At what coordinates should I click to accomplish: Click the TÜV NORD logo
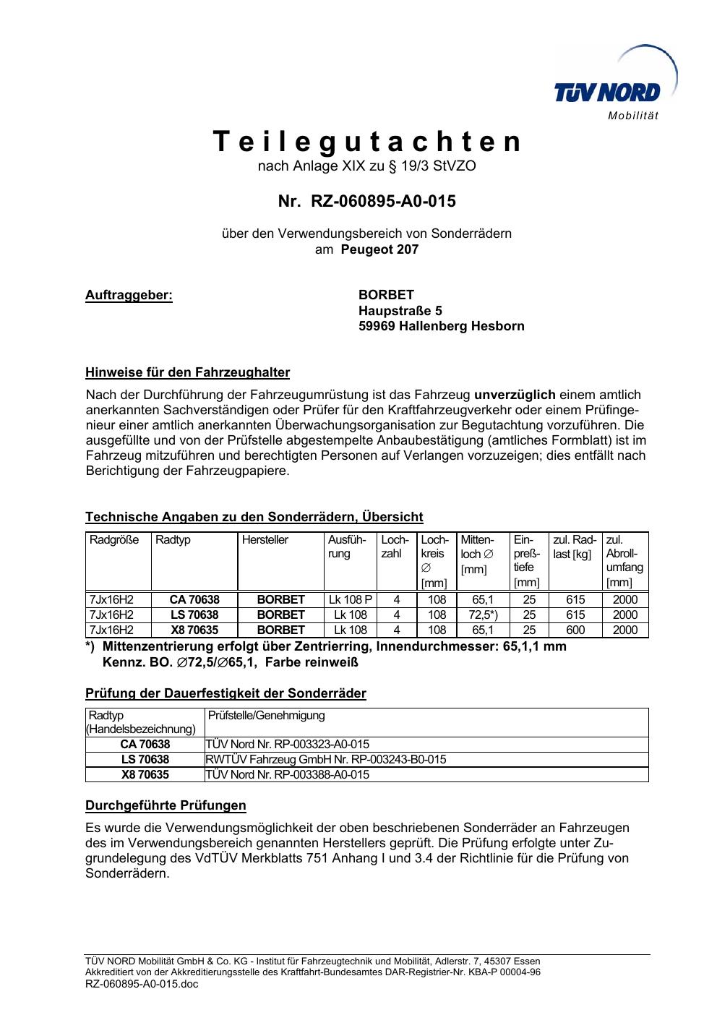click(607, 93)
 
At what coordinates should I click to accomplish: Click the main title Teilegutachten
click(367, 142)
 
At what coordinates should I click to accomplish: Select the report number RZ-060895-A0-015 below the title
click(382, 201)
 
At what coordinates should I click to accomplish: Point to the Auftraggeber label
click(129, 295)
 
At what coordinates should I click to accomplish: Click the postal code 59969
click(377, 326)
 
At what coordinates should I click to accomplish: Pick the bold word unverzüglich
click(515, 395)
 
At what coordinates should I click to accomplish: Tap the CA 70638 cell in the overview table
click(194, 599)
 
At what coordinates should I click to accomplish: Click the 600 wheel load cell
click(575, 630)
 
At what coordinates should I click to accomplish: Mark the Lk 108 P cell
click(351, 599)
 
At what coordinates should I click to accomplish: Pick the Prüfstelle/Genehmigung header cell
click(267, 716)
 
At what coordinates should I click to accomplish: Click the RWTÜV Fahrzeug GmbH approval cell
click(326, 759)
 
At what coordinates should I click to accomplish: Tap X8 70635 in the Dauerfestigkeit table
click(145, 774)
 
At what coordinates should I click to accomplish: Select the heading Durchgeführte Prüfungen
click(166, 805)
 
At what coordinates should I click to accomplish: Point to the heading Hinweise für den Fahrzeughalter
click(187, 373)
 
